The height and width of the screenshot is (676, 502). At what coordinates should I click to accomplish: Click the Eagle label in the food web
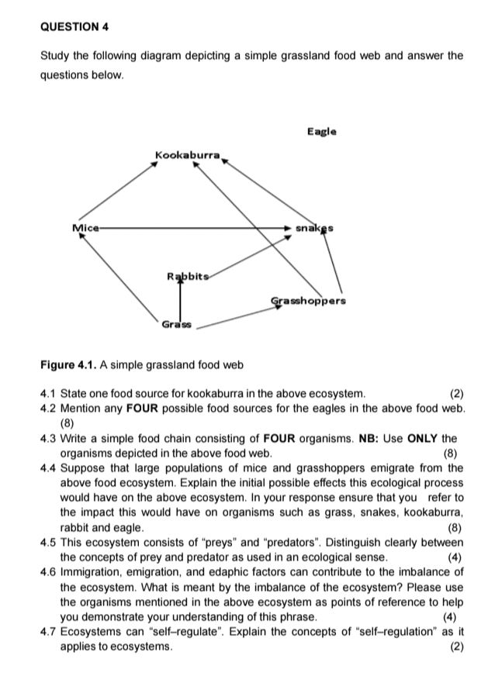321,132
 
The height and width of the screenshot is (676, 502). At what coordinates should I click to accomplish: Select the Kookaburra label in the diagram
188,156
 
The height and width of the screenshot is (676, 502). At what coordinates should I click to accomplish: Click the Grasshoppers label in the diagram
308,300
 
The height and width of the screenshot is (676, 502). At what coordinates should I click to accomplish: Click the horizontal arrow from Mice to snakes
194,229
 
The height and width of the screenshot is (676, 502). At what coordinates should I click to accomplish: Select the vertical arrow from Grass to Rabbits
181,298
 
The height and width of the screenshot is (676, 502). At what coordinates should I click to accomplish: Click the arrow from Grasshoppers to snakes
333,264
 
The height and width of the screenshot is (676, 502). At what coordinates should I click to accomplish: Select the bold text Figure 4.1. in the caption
72,364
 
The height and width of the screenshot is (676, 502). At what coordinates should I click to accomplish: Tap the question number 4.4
49,467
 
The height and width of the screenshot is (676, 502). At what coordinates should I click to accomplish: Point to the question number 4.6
49,572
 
